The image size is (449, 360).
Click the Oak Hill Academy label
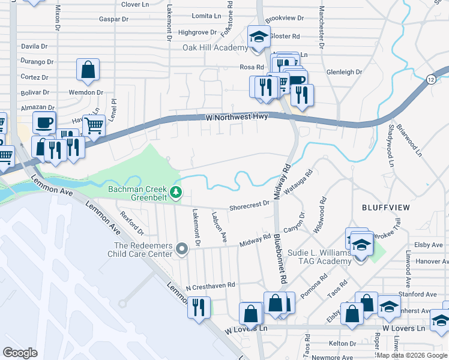coord(215,48)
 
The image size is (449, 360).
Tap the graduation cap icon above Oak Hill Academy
coord(258,37)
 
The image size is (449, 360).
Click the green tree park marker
coord(176,192)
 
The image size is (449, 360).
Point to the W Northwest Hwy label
coord(236,117)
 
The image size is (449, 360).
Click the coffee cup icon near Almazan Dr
coord(43,122)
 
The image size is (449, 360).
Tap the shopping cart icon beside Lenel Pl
coord(93,125)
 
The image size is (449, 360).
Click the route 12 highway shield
coord(432,79)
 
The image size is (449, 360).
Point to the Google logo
coord(20,352)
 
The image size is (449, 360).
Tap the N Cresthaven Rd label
coord(210,287)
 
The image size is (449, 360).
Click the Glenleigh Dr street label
coord(344,72)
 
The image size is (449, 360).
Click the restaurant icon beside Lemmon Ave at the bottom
coord(199,307)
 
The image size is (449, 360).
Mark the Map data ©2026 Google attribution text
coord(411,355)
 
